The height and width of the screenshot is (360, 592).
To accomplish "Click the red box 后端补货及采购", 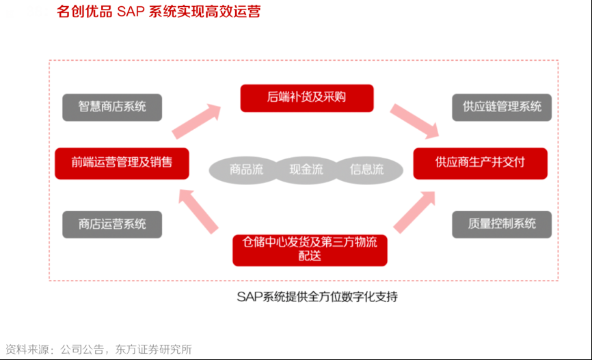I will click(307, 98).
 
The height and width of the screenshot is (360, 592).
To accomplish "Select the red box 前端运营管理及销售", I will click(122, 163).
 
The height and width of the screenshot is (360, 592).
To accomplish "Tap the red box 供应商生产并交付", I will click(480, 163).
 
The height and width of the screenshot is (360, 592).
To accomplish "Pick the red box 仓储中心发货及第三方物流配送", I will click(310, 249).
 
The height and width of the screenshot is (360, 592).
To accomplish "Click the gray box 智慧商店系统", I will click(112, 107).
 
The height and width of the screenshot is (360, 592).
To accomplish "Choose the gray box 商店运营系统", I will click(112, 224).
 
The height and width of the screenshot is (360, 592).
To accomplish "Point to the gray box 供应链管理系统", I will click(502, 107).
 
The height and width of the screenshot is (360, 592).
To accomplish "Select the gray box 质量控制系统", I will click(502, 224).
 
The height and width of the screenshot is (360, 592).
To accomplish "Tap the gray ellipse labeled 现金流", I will click(306, 169).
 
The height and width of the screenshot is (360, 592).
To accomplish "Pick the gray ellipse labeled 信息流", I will click(366, 169).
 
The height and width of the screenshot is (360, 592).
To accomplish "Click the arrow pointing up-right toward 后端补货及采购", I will click(197, 121).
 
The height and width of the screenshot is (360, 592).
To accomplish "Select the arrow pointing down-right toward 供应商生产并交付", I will click(415, 120).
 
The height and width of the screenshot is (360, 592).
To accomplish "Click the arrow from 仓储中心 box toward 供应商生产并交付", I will click(414, 212).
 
